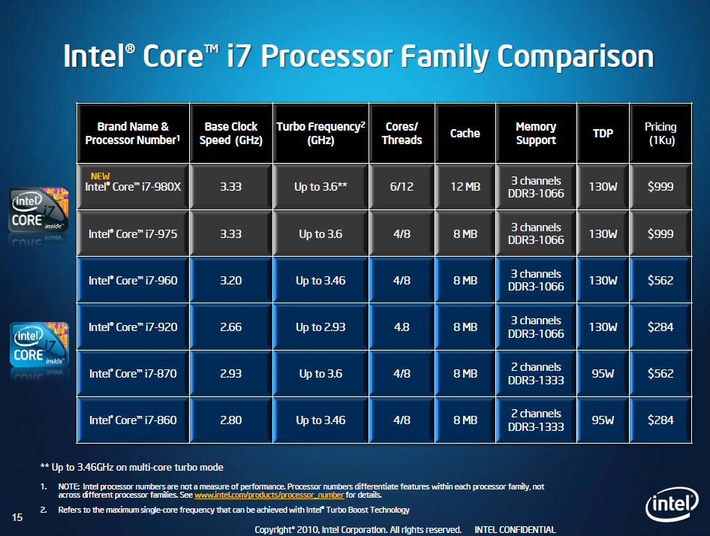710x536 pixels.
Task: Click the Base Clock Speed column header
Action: pos(230,133)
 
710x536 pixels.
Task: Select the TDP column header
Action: pos(603,133)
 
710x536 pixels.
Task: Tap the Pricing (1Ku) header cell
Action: pos(660,133)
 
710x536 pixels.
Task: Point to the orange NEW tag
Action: pos(101,176)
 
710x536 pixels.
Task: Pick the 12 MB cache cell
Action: pos(465,187)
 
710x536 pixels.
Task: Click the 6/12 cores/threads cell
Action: pos(402,187)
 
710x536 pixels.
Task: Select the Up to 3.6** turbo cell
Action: pos(320,187)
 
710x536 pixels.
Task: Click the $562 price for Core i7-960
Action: pos(660,280)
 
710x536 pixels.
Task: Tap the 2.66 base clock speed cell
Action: pos(230,327)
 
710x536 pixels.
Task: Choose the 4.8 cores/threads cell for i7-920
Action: pos(402,327)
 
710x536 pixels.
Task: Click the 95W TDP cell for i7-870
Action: pos(603,373)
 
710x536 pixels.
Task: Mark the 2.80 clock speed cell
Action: pos(230,420)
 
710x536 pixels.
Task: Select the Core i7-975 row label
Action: pos(133,233)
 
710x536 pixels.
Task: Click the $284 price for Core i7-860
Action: pos(660,420)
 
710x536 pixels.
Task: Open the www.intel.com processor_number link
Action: pos(269,495)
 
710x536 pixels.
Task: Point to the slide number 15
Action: pos(18,516)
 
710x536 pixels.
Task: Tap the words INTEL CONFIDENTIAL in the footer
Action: pos(515,529)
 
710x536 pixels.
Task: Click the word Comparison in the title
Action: pos(575,57)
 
